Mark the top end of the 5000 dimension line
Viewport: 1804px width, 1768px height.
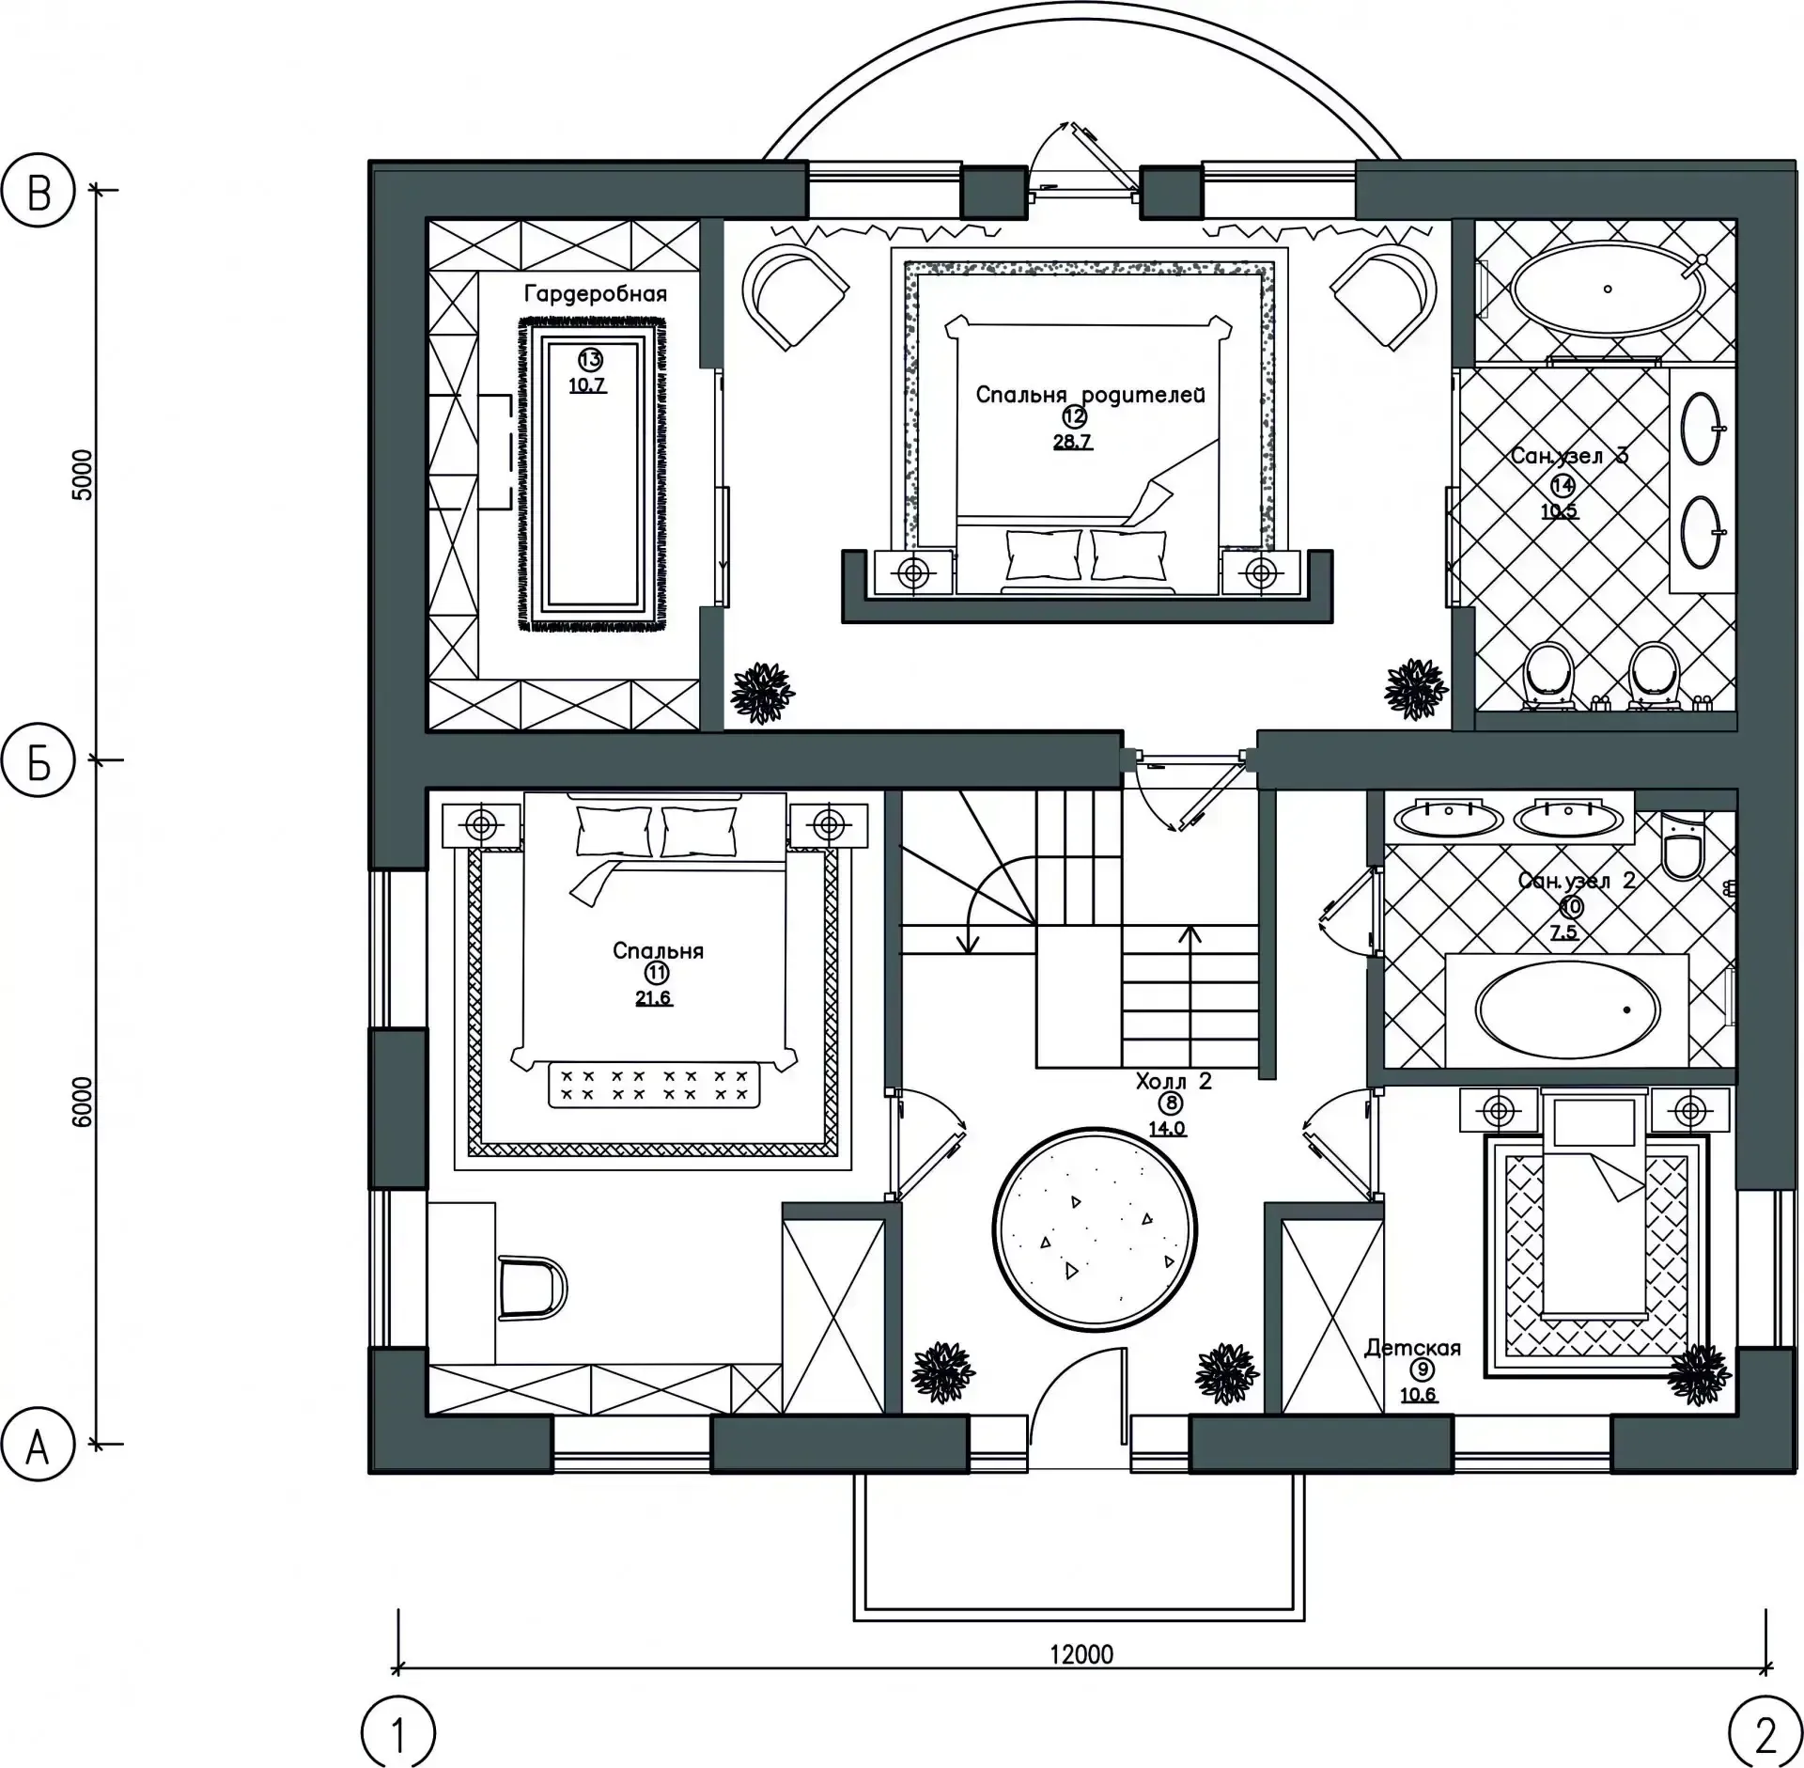click(97, 191)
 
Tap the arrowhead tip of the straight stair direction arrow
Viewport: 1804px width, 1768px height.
click(1190, 927)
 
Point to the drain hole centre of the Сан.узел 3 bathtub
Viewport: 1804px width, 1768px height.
click(1608, 289)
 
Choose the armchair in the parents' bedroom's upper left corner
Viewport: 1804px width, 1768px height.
click(795, 293)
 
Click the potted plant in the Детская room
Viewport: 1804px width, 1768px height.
click(1699, 1375)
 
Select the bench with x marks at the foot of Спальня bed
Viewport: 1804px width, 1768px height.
click(655, 1085)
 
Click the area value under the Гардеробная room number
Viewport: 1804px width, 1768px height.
click(587, 384)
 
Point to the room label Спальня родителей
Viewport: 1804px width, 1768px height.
click(1090, 395)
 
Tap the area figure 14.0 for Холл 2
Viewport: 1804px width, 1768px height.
click(1167, 1128)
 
